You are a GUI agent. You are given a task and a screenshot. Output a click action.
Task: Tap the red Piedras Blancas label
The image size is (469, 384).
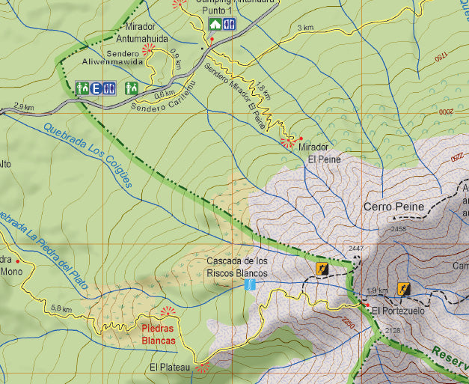coord(159,334)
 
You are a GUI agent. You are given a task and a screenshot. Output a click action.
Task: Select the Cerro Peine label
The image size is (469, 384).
coord(393,207)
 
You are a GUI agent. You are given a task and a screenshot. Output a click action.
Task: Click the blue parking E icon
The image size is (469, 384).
coord(96,88)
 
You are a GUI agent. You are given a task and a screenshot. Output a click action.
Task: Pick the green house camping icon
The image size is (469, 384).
coord(215,24)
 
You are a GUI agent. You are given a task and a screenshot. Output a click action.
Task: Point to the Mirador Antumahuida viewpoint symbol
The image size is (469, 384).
coord(148,47)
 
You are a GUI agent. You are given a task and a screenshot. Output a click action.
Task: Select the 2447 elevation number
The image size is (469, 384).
coord(355,249)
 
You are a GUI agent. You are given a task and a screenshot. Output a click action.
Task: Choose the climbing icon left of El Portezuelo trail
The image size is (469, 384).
coord(322,269)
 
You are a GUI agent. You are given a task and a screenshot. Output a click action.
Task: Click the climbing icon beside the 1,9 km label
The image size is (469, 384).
coord(403,287)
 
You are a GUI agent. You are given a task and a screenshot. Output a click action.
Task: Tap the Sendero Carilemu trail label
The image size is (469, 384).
coord(162,98)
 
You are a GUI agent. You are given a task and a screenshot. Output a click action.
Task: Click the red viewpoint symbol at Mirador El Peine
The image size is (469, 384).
coord(286,141)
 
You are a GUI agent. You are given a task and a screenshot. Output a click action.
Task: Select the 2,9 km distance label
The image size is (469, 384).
coord(23,107)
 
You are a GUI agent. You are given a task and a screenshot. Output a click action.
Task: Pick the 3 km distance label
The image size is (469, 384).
coord(305,28)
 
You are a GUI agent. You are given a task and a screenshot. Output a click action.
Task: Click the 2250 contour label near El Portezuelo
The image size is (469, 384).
coord(346,323)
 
